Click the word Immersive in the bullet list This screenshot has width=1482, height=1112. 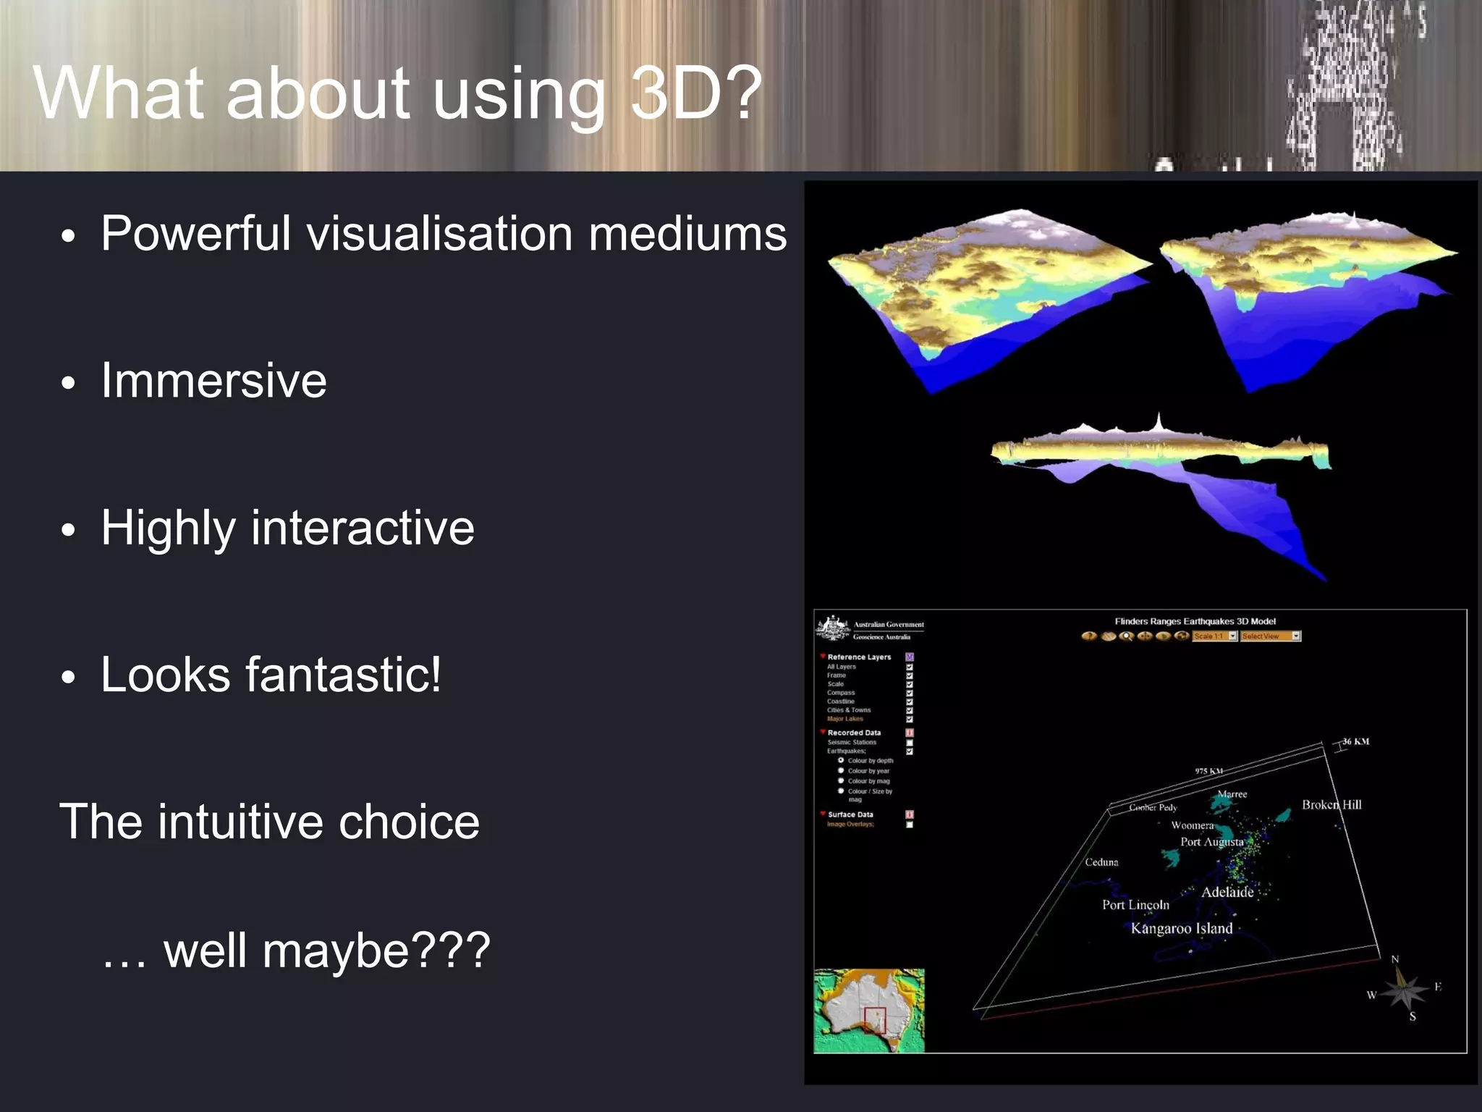click(x=213, y=381)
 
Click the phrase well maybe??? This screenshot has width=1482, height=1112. click(x=326, y=951)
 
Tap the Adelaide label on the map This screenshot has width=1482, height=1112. click(x=1227, y=893)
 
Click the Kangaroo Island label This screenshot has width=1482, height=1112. click(x=1181, y=929)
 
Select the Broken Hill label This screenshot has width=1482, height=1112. click(x=1331, y=805)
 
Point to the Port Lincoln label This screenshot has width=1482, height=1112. click(x=1135, y=905)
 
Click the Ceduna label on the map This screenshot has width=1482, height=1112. click(x=1101, y=862)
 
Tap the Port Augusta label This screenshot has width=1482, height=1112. click(x=1211, y=842)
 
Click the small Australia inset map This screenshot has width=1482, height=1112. click(x=869, y=1011)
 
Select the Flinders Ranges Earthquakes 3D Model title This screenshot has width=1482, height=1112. click(x=1195, y=621)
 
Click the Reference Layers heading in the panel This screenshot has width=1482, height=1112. click(x=859, y=657)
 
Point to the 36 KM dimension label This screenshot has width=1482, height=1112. click(x=1355, y=741)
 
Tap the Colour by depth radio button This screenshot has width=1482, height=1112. click(x=841, y=761)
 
